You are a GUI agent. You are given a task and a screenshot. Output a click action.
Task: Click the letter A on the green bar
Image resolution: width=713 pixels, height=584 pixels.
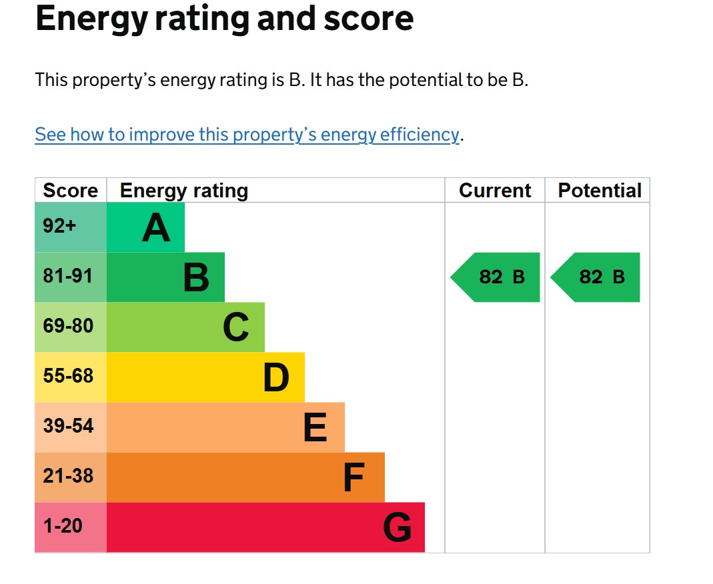pos(156,227)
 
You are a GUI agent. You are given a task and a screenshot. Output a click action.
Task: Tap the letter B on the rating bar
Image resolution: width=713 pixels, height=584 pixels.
pos(196,277)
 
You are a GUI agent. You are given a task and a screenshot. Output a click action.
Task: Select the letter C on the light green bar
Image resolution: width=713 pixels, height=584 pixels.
pos(236,327)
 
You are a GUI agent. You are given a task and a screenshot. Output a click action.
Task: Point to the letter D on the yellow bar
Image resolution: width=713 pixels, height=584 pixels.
pos(276,377)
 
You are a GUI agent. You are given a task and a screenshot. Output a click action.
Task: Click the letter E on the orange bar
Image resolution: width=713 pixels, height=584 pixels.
pos(315,427)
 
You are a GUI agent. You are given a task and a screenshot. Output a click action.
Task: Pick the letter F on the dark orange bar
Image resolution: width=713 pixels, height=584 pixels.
pos(353,477)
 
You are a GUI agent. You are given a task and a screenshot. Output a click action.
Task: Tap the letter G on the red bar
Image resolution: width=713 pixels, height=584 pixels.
pos(398,527)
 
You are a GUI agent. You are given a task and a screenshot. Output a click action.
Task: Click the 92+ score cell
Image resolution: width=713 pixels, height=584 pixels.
pos(59,226)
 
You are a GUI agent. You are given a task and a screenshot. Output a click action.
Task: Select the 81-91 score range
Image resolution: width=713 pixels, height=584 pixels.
pos(68,276)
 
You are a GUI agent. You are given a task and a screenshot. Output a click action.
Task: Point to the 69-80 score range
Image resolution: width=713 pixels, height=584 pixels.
pos(68,326)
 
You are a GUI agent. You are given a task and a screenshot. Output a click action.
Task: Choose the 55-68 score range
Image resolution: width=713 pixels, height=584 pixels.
pos(68,376)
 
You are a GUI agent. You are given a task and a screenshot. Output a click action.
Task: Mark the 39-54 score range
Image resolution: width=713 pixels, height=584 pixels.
pos(68,426)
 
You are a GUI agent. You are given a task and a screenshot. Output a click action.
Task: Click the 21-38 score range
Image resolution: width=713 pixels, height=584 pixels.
pos(68,476)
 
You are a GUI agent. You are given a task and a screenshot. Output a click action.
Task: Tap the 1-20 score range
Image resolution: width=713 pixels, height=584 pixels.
pos(63,526)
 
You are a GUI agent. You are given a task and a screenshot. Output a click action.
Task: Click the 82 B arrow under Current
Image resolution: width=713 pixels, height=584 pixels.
pos(495,277)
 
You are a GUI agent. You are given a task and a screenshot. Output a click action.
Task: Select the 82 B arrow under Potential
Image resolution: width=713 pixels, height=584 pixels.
pos(595,277)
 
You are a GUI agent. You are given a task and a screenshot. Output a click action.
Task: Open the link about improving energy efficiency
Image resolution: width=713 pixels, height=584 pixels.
pos(247,135)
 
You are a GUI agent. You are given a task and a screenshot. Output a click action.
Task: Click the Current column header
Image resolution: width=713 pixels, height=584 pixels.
pos(495,191)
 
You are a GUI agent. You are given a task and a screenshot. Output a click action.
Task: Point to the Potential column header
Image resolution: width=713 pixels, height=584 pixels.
pos(600,191)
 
